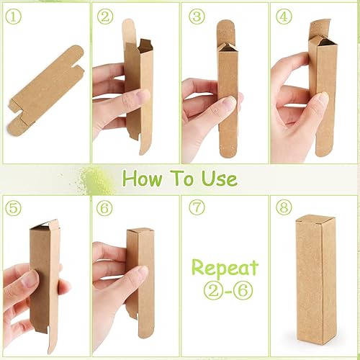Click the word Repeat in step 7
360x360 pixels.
point(225,268)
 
